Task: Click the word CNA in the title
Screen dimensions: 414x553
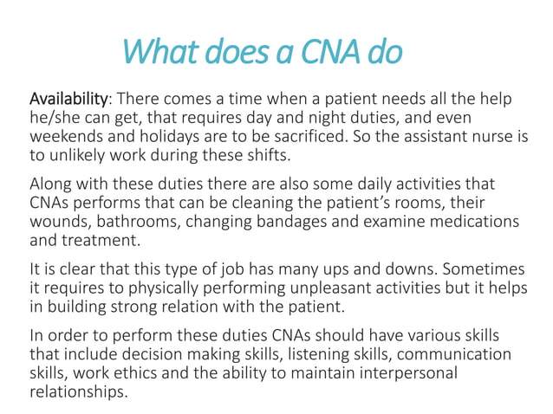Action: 331,52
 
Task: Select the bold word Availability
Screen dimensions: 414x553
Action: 69,100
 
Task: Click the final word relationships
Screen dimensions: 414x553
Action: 78,393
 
